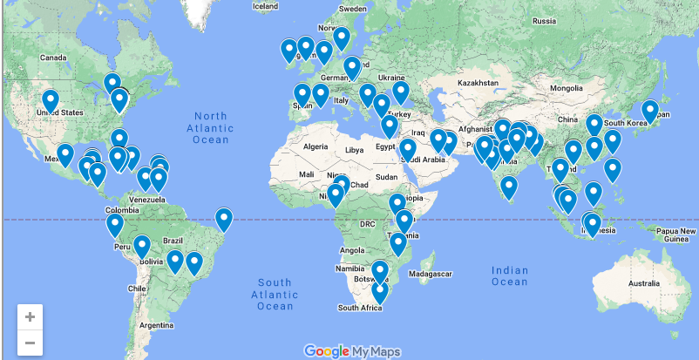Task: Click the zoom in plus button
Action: pos(30,316)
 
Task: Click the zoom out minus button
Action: pos(30,342)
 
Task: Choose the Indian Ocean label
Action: pos(510,275)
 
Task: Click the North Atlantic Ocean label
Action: pos(210,127)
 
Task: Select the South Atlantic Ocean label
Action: pos(275,294)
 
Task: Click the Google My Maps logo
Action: pos(352,350)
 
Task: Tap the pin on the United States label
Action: pos(51,100)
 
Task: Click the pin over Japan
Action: pos(650,111)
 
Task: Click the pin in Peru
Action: pos(115,225)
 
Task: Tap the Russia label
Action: pos(544,20)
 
